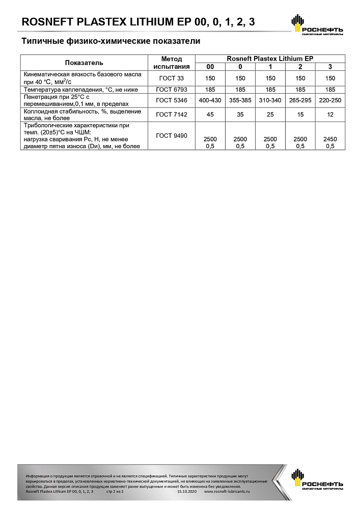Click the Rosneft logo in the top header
(x=316, y=25)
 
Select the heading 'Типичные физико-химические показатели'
(x=110, y=41)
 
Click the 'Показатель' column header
(x=84, y=63)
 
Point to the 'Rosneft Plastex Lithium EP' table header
(x=270, y=59)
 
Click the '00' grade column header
(x=210, y=67)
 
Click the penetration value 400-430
(x=210, y=100)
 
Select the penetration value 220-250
(x=330, y=100)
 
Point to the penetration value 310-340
(x=270, y=100)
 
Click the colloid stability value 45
(x=210, y=115)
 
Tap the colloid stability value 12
(x=330, y=115)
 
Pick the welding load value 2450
(x=330, y=139)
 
